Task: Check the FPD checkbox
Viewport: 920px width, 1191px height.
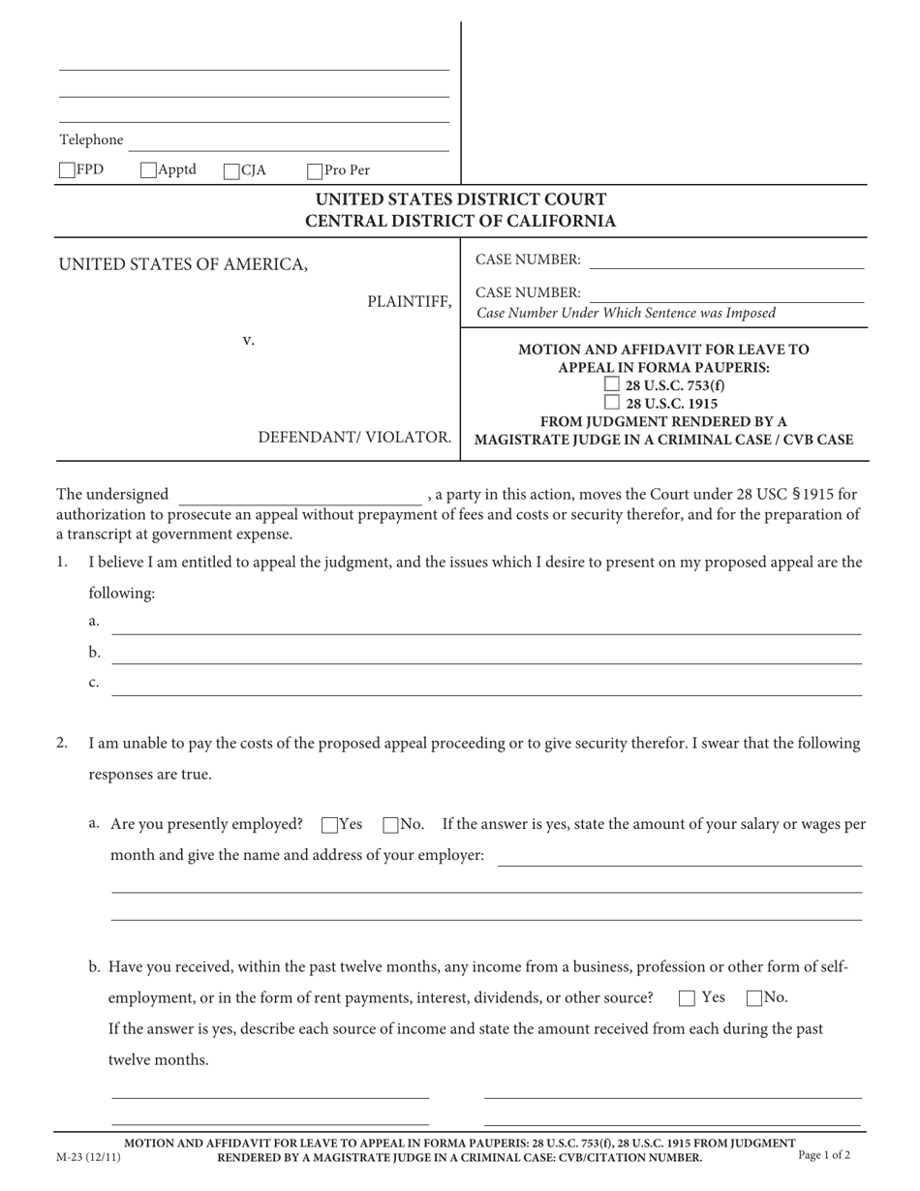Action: click(67, 170)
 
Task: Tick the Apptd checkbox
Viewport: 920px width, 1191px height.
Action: click(148, 170)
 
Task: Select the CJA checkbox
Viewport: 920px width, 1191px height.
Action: click(231, 171)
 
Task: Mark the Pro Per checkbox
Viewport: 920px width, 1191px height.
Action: click(315, 171)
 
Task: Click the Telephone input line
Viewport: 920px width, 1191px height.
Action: click(289, 142)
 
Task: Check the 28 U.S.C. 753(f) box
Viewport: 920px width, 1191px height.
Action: click(612, 384)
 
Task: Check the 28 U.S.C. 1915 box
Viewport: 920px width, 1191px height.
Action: click(612, 402)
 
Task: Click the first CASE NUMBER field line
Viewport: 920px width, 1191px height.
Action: click(726, 260)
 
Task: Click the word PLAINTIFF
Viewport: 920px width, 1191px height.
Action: click(409, 302)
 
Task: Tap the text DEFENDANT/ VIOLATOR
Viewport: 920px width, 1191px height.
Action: click(354, 437)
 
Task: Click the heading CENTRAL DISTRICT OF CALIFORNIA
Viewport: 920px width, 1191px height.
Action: click(461, 221)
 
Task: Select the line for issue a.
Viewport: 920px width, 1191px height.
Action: click(487, 626)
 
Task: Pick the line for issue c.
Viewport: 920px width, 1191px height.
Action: click(487, 687)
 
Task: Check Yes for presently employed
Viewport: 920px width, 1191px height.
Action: click(329, 825)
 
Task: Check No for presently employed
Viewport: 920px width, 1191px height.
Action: click(390, 825)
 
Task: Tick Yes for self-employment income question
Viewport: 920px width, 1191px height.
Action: click(687, 998)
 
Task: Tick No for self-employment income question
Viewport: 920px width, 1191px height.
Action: click(754, 998)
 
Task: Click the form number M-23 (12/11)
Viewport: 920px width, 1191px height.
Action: click(89, 1156)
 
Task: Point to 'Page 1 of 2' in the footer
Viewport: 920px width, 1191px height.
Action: click(824, 1154)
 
